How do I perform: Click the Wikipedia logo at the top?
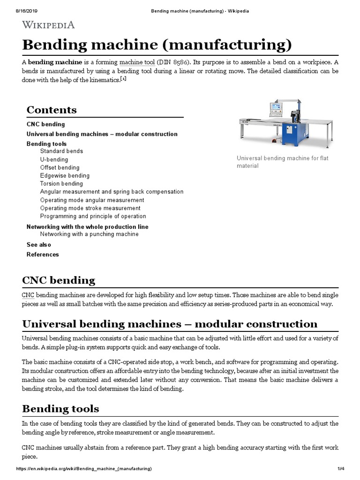tap(48, 25)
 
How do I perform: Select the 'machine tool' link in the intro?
tap(137, 62)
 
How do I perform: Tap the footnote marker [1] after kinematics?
tap(123, 79)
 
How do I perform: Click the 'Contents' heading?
tap(52, 110)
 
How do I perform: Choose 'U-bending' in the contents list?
tap(54, 159)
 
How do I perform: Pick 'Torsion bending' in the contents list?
tap(61, 184)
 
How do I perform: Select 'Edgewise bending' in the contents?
tap(65, 176)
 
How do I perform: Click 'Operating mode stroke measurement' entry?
tap(90, 208)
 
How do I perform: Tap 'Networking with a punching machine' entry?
tap(89, 234)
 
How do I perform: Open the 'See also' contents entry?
tap(39, 245)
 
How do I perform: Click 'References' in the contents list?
tap(43, 255)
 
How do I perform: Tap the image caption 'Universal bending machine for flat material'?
tap(282, 162)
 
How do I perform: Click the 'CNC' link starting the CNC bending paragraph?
tap(28, 296)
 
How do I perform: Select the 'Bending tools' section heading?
tap(60, 409)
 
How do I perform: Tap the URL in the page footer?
tap(84, 469)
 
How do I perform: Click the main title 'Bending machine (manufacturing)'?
tap(157, 45)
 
